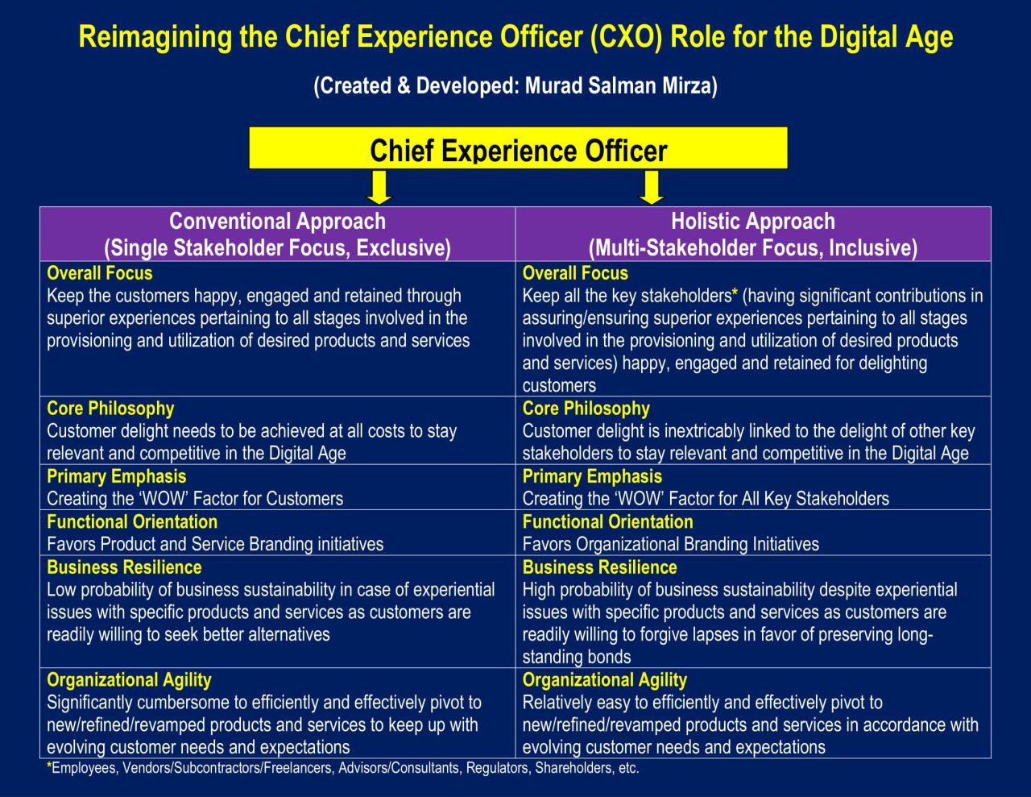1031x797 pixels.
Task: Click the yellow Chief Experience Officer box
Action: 518,149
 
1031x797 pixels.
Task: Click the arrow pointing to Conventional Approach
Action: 378,189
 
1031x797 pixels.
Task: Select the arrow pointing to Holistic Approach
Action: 651,189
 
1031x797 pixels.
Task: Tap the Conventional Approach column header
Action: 277,234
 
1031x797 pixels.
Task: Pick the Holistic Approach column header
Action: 752,234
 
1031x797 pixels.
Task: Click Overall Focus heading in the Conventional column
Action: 100,273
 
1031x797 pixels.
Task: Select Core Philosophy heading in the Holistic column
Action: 586,409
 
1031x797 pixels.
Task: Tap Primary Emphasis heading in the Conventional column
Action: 116,476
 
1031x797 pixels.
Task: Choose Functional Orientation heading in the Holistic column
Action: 607,521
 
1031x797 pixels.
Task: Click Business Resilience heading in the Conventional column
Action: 124,567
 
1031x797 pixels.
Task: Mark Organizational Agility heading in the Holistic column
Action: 604,680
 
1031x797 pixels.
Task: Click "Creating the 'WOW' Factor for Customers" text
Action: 195,499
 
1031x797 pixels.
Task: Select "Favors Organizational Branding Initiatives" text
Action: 670,544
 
